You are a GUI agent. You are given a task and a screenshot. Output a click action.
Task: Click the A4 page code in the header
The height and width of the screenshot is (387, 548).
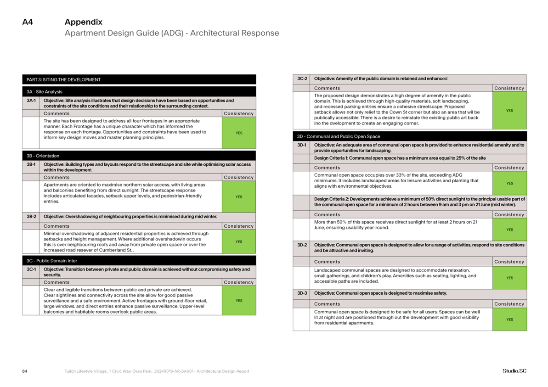(x=28, y=22)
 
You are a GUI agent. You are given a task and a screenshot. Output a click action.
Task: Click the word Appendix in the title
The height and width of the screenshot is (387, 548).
(x=84, y=22)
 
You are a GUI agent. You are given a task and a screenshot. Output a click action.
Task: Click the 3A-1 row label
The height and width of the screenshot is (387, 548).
(x=31, y=100)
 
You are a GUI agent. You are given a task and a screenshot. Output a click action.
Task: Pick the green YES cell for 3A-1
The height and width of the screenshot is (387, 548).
(x=239, y=133)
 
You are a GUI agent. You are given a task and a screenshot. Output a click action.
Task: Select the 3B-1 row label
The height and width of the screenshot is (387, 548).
(x=31, y=164)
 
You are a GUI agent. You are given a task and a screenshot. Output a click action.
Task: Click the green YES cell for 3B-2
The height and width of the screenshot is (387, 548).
(x=239, y=241)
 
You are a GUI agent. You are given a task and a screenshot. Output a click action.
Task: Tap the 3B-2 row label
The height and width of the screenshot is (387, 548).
(x=31, y=216)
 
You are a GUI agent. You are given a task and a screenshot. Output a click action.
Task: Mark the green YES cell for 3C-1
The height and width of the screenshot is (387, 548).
(x=239, y=301)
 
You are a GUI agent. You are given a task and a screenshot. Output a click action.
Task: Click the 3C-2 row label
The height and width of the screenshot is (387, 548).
(x=302, y=79)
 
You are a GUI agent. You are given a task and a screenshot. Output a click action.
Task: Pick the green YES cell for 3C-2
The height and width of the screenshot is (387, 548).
(x=509, y=110)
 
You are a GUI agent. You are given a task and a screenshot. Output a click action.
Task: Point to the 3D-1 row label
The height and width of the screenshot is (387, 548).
(x=302, y=145)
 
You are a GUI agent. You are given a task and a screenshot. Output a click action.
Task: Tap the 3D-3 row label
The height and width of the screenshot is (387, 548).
(x=302, y=293)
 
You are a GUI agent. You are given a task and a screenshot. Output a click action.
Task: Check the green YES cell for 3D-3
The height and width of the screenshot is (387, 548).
(x=509, y=320)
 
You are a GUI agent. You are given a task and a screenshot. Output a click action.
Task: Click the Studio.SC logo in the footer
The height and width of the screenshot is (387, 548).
(x=514, y=371)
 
